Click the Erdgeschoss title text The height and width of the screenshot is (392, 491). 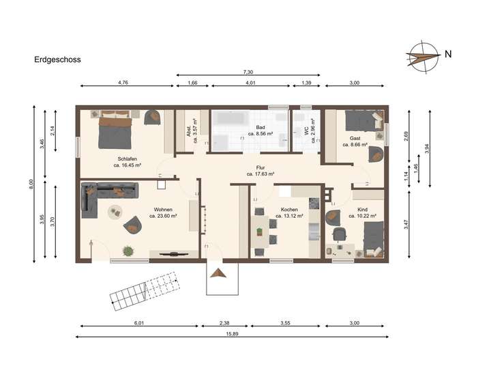57,59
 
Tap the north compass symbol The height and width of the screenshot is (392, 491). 421,54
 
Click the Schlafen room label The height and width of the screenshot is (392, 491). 127,158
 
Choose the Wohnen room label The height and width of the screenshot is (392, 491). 162,210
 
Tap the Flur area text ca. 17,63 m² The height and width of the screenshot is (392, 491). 261,174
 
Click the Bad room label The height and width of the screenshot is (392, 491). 260,128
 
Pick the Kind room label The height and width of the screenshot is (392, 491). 361,210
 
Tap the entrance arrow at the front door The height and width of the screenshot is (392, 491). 218,273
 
